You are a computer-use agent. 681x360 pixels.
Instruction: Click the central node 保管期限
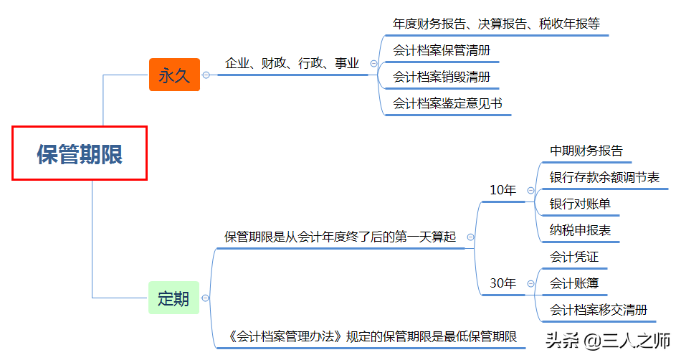pos(80,153)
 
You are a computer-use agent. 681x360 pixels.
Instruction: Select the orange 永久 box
pos(174,75)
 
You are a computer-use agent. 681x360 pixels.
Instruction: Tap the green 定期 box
pos(173,298)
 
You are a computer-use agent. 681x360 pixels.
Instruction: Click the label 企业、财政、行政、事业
pos(292,63)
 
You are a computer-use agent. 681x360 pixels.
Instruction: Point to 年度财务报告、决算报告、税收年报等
pos(496,23)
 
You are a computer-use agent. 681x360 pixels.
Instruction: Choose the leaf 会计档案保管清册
pos(442,50)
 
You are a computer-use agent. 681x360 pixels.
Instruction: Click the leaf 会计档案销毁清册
pos(442,77)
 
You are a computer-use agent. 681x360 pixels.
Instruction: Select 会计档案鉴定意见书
pos(447,103)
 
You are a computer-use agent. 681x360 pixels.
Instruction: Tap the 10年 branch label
pos(503,190)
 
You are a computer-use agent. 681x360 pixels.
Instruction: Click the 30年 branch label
pos(503,283)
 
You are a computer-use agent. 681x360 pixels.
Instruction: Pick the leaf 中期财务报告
pos(586,151)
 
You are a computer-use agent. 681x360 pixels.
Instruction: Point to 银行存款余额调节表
pos(604,177)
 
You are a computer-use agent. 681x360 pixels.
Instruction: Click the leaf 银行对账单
pos(580,204)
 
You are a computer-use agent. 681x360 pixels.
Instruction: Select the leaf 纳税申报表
pos(580,230)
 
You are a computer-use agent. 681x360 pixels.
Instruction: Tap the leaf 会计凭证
pos(573,257)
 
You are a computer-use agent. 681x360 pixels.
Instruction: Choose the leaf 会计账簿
pos(573,283)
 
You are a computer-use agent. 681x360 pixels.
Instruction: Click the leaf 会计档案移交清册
pos(599,310)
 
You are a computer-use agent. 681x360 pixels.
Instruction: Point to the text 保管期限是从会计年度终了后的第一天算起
pos(340,237)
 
